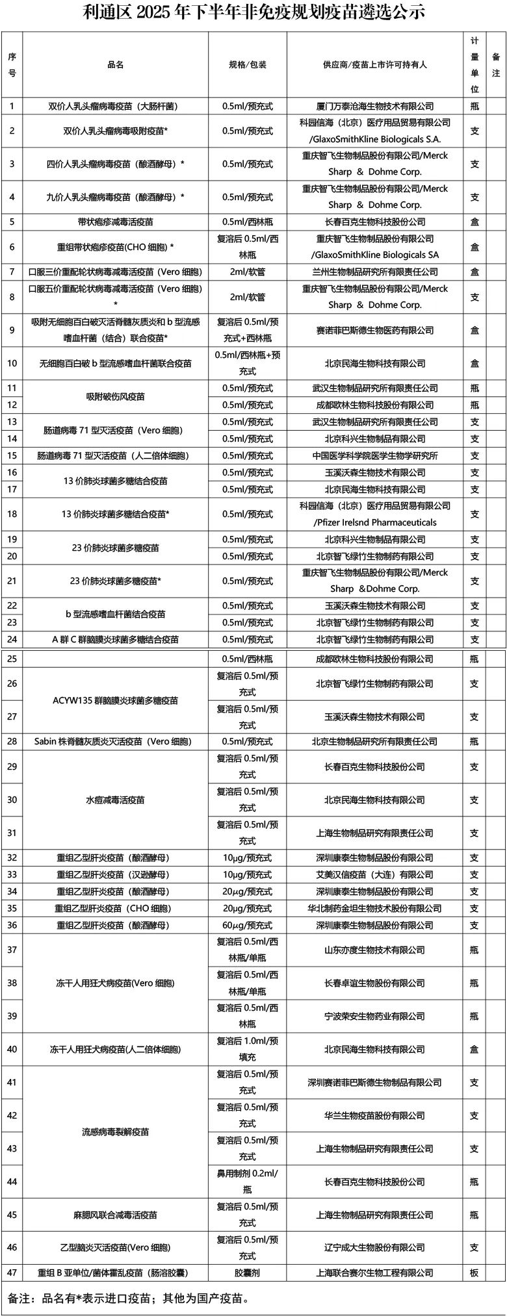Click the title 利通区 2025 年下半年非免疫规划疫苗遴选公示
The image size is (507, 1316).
(254, 12)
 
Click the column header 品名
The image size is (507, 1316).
(116, 65)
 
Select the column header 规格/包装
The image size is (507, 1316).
(247, 65)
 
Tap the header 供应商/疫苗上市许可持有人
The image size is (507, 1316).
(374, 65)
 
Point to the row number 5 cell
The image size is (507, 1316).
(12, 222)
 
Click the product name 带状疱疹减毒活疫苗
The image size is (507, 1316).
(116, 222)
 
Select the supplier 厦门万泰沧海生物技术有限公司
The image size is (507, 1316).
(374, 106)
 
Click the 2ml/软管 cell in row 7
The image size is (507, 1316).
(247, 272)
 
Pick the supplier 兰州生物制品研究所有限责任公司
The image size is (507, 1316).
(374, 272)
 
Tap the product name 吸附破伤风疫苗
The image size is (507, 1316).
(116, 397)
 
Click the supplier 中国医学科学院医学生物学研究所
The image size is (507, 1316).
(374, 456)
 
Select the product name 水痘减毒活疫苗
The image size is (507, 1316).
(116, 800)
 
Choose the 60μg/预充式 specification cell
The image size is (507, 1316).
(247, 925)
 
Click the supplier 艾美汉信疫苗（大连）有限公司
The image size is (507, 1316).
(374, 875)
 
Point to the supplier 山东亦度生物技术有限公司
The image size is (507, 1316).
(374, 950)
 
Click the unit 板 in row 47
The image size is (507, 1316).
(474, 1273)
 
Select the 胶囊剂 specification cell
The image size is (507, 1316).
(247, 1273)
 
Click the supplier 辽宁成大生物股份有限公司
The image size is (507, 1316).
(374, 1248)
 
